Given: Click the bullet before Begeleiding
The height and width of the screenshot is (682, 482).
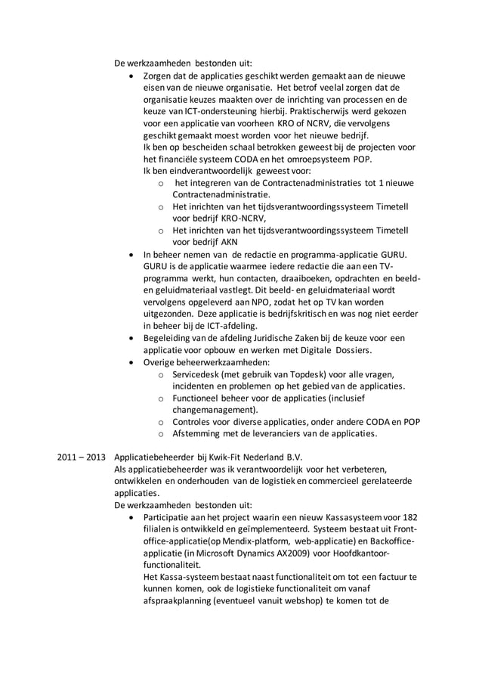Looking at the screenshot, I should click(x=134, y=338).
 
